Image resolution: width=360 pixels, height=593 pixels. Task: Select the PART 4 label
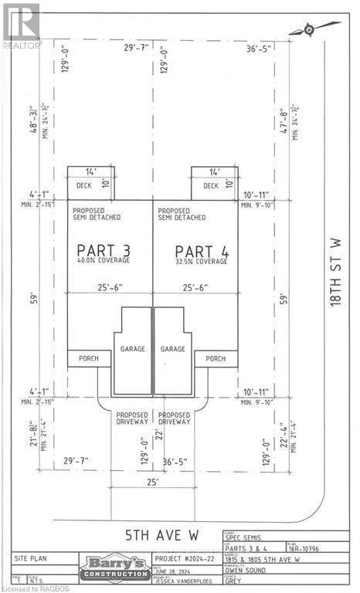click(200, 251)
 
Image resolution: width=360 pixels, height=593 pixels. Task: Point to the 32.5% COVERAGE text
click(201, 262)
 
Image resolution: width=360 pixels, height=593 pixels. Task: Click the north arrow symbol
click(307, 29)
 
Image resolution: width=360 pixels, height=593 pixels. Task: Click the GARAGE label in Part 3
click(132, 349)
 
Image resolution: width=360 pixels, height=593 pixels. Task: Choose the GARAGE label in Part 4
click(173, 349)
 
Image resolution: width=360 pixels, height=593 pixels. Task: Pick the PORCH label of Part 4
click(216, 358)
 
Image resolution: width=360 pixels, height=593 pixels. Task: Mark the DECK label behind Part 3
click(83, 185)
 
